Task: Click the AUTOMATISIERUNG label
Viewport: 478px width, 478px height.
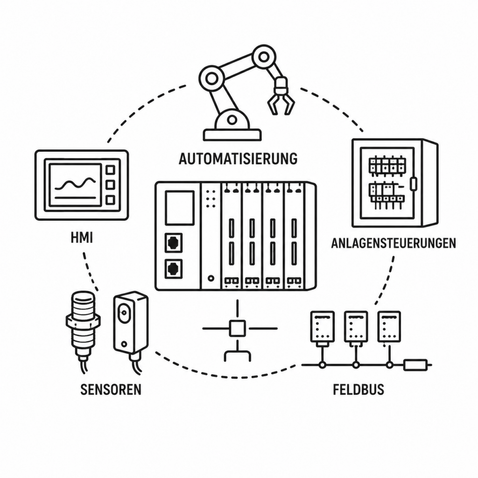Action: click(238, 159)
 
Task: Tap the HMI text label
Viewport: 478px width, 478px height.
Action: click(82, 238)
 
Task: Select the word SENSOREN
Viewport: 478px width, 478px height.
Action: click(111, 389)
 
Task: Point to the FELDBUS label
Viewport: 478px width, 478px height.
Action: click(358, 390)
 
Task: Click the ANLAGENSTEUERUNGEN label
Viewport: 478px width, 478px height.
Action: click(394, 243)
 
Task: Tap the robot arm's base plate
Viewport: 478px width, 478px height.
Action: click(232, 135)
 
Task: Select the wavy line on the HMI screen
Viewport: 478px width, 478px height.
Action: click(75, 184)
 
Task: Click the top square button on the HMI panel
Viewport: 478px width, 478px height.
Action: click(110, 169)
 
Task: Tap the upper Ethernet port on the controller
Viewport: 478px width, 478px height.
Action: click(174, 243)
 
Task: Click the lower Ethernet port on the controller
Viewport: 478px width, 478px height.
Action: click(174, 269)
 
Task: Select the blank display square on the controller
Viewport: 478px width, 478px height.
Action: click(180, 208)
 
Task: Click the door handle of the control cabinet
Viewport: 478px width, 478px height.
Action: click(414, 184)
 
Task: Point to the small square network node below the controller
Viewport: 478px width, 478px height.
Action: click(237, 328)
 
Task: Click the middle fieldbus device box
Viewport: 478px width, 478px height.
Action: click(356, 326)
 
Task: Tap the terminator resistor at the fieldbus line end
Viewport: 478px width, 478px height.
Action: click(415, 365)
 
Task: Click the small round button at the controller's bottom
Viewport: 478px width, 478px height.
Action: click(211, 278)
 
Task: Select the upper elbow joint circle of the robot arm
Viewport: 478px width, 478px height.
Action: click(264, 56)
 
